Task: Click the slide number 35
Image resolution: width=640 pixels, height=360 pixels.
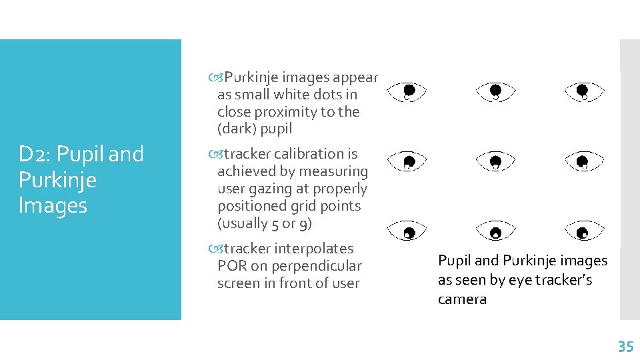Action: pyautogui.click(x=625, y=346)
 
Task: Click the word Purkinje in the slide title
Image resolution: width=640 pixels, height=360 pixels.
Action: pyautogui.click(x=57, y=179)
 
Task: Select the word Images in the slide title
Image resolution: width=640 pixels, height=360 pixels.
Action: pyautogui.click(x=53, y=205)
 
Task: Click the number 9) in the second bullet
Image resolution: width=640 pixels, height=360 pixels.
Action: pyautogui.click(x=302, y=223)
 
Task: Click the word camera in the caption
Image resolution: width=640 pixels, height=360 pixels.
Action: pyautogui.click(x=462, y=299)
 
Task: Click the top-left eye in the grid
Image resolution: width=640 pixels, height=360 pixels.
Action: pyautogui.click(x=408, y=91)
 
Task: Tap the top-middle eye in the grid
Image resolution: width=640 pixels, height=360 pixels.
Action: pyautogui.click(x=495, y=91)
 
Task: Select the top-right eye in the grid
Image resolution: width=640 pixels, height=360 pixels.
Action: pyautogui.click(x=583, y=91)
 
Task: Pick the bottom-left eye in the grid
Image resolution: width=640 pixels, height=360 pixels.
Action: pyautogui.click(x=408, y=233)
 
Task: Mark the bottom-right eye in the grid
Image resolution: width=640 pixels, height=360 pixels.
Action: pyautogui.click(x=583, y=233)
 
